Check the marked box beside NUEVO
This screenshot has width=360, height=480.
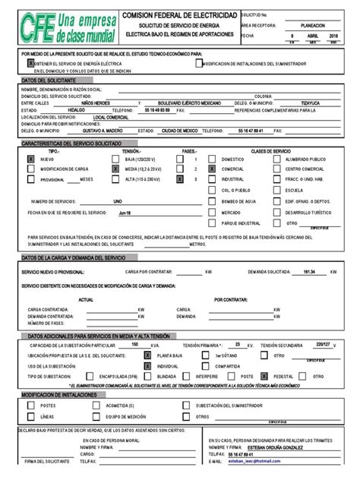pos(30,159)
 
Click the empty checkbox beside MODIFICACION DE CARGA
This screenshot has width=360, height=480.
pos(30,169)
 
